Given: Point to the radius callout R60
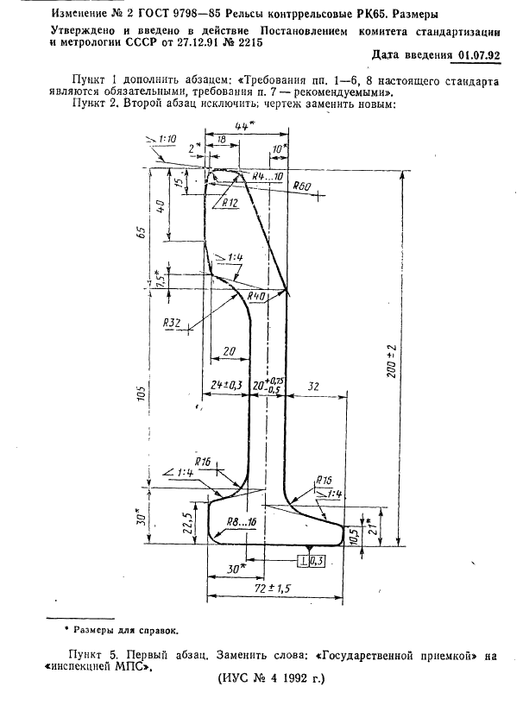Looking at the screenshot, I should [301, 186].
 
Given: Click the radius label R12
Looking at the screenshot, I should [229, 204].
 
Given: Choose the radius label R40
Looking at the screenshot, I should [255, 296].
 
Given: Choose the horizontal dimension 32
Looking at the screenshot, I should [313, 385].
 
